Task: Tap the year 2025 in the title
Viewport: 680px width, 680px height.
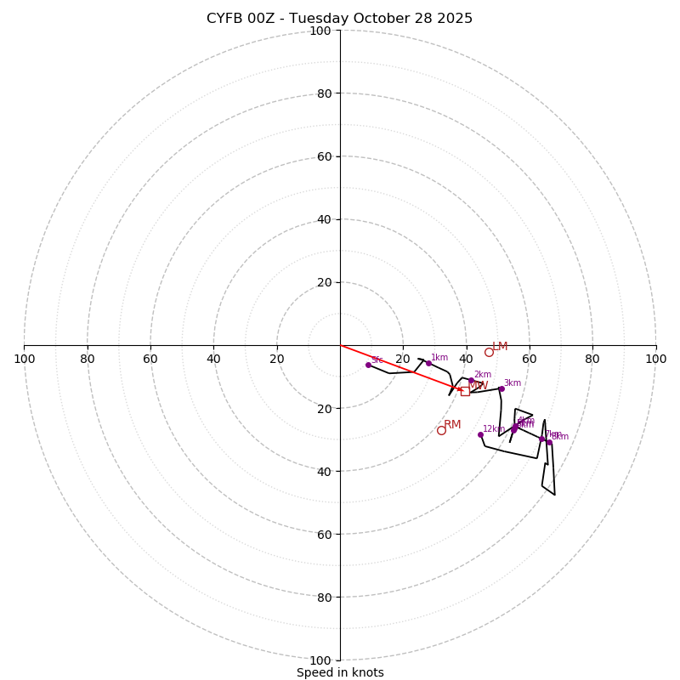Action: click(456, 19)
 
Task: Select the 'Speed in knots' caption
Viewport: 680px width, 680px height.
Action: click(340, 672)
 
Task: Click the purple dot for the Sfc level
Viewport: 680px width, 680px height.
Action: click(368, 365)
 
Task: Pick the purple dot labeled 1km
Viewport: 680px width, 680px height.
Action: click(428, 363)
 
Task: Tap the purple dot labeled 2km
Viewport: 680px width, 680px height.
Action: click(471, 380)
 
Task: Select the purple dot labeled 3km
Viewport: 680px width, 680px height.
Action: click(501, 388)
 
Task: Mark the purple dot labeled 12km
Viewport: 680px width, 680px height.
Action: click(480, 434)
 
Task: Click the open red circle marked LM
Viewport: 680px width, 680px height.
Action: click(489, 352)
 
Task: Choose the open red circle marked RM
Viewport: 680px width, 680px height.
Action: click(441, 430)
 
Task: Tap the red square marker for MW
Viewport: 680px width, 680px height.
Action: click(465, 391)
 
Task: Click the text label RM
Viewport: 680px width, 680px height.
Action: click(452, 424)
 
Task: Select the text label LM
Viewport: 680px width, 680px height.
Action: click(500, 346)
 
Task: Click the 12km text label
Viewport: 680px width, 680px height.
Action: click(494, 428)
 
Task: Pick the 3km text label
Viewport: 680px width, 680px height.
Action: click(513, 382)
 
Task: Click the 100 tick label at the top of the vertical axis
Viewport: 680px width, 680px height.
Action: click(320, 31)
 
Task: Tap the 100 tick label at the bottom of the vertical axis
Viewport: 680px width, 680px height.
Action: click(320, 660)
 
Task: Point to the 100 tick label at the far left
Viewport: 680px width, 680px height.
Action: click(24, 359)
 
